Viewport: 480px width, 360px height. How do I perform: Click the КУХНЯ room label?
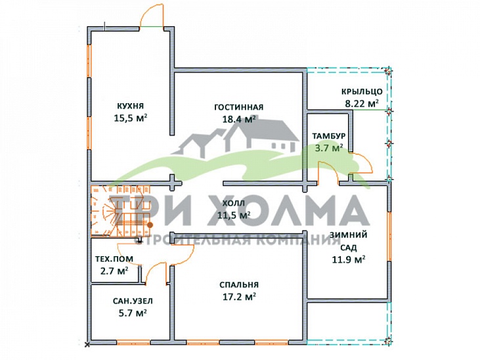pos(131,106)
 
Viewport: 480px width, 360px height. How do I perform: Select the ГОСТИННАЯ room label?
pos(239,107)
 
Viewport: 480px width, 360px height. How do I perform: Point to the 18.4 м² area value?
pos(239,119)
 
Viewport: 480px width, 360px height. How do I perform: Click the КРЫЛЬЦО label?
pos(362,91)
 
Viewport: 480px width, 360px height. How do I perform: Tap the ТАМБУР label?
pos(329,136)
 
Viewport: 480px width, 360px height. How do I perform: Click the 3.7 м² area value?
pos(329,148)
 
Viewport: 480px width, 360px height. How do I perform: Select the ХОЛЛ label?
pos(234,203)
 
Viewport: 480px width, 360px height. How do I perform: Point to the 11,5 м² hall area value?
pos(234,215)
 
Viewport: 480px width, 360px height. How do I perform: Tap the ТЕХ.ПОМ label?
pos(114,259)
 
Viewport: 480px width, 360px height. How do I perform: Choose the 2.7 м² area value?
pos(114,271)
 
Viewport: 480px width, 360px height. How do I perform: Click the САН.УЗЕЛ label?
pos(133,301)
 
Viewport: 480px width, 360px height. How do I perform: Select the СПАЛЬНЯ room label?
pos(239,285)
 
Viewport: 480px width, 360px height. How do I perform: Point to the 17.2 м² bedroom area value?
pos(238,296)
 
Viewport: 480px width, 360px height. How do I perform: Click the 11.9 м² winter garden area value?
pos(349,259)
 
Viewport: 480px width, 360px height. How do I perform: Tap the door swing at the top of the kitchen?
pos(152,14)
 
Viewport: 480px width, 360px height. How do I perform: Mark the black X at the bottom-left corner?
pos(87,345)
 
